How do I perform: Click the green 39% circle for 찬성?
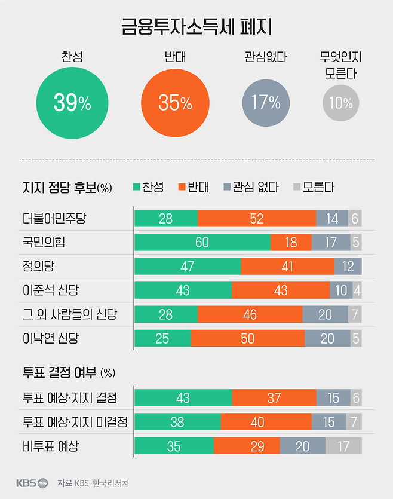coord(72,103)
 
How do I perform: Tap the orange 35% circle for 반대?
coord(175,103)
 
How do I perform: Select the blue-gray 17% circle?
coord(266,103)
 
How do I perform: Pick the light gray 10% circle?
coord(340,103)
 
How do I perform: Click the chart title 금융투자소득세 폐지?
coord(196,27)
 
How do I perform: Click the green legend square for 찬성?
coord(136,187)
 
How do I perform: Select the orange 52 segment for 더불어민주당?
coord(257,219)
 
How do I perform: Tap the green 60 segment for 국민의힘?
coord(202,243)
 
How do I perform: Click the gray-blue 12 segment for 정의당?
coord(348,267)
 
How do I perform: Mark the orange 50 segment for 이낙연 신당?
coord(247,339)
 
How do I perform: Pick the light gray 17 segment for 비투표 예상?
coord(343,446)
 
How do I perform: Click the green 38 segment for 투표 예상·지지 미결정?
coord(177,422)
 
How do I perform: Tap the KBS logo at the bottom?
coord(32,482)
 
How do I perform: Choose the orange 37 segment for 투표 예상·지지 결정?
coord(274,397)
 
